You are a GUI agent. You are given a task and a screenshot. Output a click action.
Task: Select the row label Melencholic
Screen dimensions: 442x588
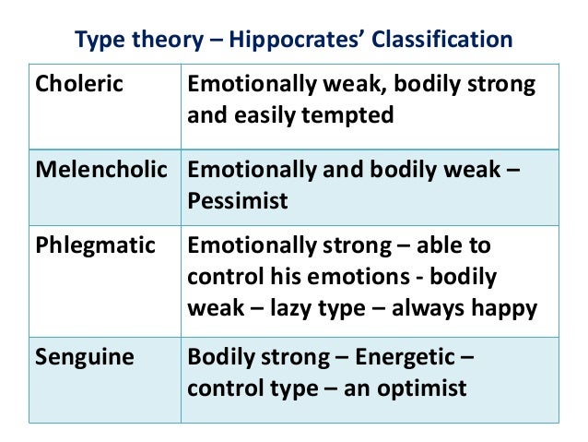point(101,170)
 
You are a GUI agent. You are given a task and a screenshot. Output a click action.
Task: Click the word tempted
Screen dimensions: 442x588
point(351,115)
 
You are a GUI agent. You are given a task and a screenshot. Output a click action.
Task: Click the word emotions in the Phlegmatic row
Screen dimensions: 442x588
point(367,277)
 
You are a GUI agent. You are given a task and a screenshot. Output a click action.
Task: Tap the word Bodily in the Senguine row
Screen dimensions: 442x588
point(218,355)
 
